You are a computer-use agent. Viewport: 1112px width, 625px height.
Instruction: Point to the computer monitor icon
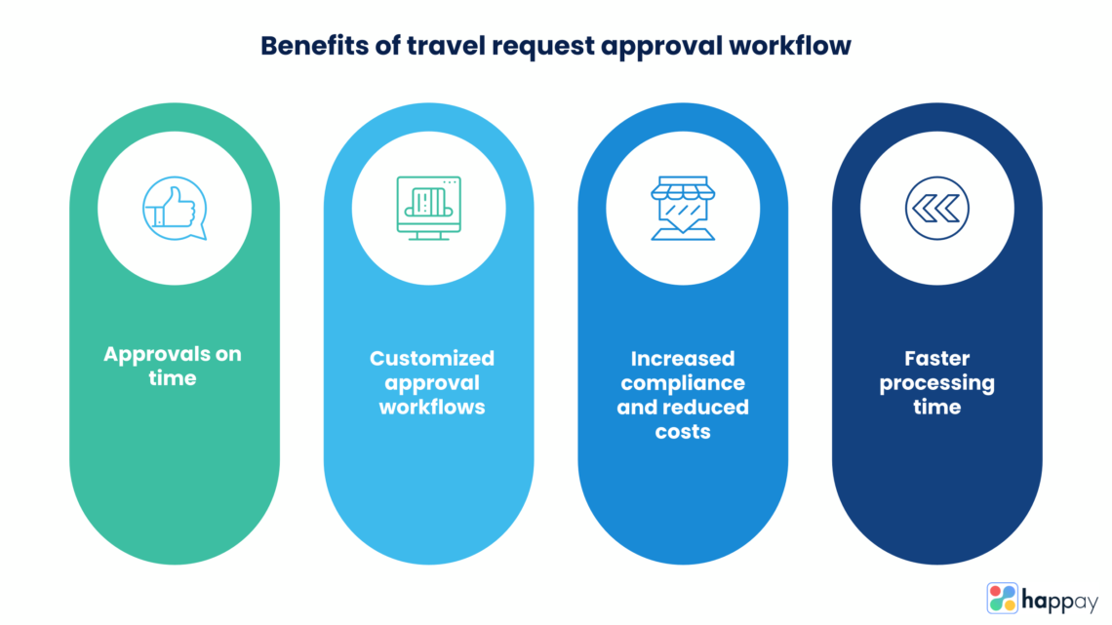coord(429,208)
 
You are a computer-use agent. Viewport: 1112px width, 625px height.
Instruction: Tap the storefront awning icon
coord(683,207)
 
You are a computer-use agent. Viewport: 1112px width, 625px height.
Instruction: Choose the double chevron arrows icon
coord(936,207)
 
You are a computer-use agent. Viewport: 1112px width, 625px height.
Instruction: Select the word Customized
coord(431,359)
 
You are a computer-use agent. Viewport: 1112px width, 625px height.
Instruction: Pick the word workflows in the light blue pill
coord(431,407)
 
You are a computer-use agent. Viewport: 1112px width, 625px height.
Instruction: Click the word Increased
coord(683,359)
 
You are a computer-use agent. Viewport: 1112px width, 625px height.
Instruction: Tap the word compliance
coord(683,383)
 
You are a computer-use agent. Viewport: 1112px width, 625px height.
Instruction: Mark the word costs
coord(683,430)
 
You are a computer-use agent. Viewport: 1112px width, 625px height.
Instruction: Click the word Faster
coord(936,359)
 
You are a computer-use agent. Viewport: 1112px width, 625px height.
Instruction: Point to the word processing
coord(936,383)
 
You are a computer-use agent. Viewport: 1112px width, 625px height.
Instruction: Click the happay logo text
coord(1059,598)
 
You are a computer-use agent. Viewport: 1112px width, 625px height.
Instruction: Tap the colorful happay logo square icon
coord(1002,598)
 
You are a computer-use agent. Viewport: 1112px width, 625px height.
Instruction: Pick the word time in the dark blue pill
coord(936,407)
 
